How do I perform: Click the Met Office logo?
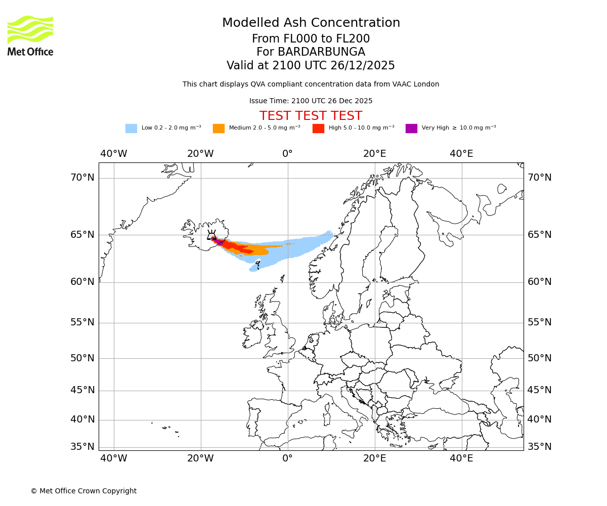(30, 35)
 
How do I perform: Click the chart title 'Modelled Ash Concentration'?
(311, 23)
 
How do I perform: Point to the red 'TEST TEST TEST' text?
(311, 116)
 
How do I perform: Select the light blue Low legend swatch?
(131, 129)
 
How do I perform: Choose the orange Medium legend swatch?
(219, 129)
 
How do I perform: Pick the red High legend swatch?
(318, 129)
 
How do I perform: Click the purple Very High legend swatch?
(411, 129)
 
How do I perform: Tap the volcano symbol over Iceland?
(211, 235)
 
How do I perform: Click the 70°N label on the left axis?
(82, 178)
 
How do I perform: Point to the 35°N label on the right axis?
(540, 447)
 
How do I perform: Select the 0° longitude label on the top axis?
(287, 154)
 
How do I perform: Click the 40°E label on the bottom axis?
(461, 458)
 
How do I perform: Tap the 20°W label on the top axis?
(200, 154)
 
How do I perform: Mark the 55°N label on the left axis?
(82, 322)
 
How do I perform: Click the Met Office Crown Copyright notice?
(83, 491)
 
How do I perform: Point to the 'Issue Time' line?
(311, 101)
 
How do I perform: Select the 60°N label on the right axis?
(540, 282)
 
